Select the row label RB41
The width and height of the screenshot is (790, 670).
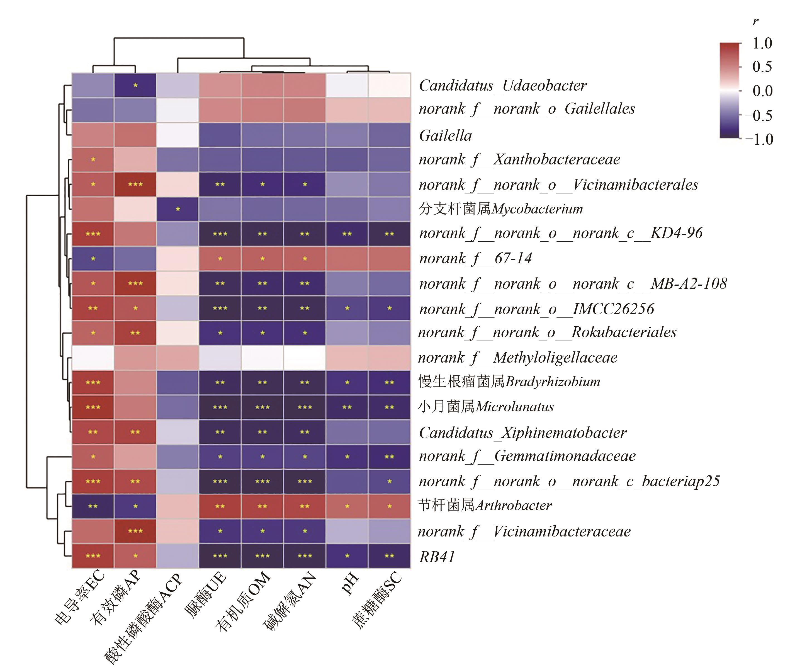coord(437,557)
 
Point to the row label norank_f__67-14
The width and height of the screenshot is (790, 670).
coord(475,258)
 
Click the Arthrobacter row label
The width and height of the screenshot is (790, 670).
coord(485,505)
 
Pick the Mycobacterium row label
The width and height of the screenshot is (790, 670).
coord(500,208)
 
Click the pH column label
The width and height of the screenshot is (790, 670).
coord(351,583)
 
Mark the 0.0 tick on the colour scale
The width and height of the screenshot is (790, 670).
coord(762,91)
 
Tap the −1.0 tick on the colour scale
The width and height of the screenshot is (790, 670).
coord(759,139)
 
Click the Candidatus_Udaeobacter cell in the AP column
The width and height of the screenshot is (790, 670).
coord(135,86)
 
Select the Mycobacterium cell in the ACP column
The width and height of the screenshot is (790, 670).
coord(178,209)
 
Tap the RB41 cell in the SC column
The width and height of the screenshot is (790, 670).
coord(389,556)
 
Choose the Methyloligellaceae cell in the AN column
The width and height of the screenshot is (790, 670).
coord(305,357)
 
